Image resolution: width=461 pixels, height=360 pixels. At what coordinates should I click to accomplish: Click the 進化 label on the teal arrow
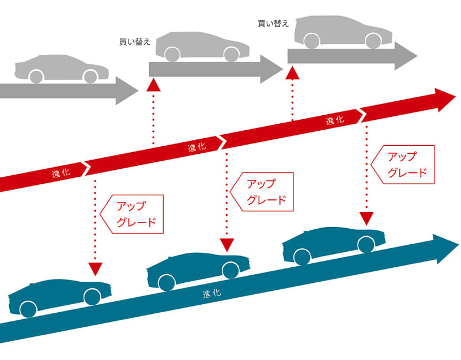click(211, 293)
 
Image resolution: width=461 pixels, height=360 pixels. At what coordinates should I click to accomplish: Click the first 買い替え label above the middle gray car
click(135, 41)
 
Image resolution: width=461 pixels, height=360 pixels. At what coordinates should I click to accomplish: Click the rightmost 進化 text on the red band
click(335, 120)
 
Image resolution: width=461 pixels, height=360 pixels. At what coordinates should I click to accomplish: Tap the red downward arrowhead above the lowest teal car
click(96, 268)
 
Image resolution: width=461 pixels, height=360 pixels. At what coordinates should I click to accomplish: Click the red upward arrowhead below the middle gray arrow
click(153, 85)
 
